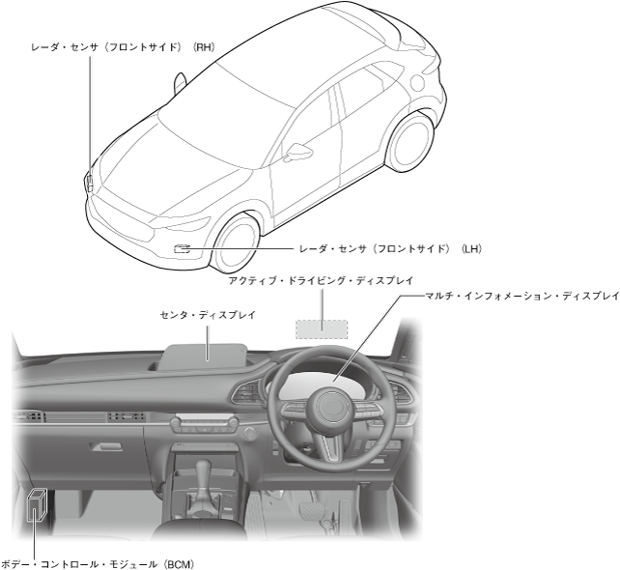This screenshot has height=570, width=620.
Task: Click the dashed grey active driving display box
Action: [323, 326]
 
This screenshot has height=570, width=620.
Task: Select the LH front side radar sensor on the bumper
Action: [180, 249]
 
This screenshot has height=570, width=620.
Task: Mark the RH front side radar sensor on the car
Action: [89, 179]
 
